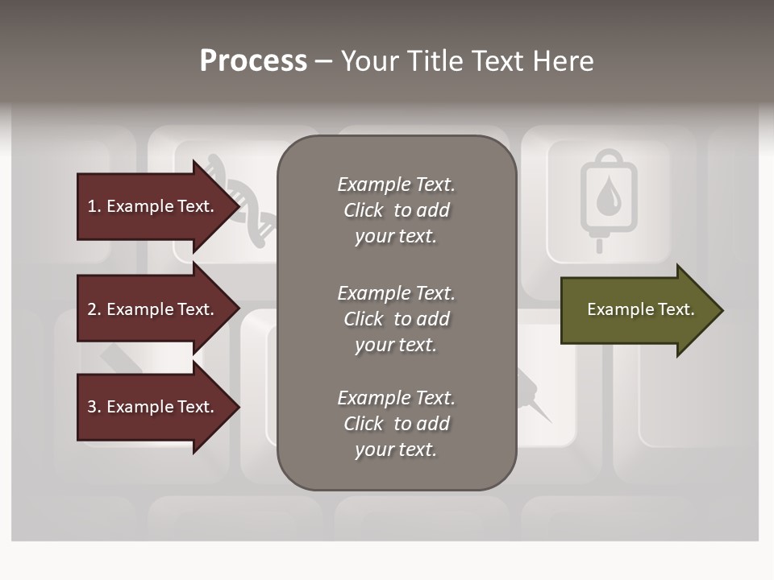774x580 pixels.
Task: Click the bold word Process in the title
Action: tap(253, 61)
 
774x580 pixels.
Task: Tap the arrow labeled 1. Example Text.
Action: tap(153, 206)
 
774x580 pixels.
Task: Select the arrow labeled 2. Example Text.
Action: tap(153, 309)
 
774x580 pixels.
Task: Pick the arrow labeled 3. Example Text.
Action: tap(153, 407)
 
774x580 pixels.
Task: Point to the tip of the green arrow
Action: tap(722, 310)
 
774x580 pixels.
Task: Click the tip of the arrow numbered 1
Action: tap(239, 206)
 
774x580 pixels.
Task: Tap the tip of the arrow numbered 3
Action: tap(239, 407)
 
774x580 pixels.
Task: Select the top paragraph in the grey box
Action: tap(396, 210)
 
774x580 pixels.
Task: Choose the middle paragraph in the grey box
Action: tap(396, 319)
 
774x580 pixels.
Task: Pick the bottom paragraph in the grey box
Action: tap(396, 424)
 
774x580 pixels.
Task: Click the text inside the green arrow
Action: tap(640, 309)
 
